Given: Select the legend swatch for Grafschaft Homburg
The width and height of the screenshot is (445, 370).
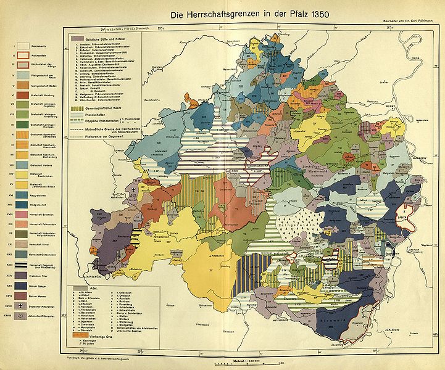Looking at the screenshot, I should coord(20,94).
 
